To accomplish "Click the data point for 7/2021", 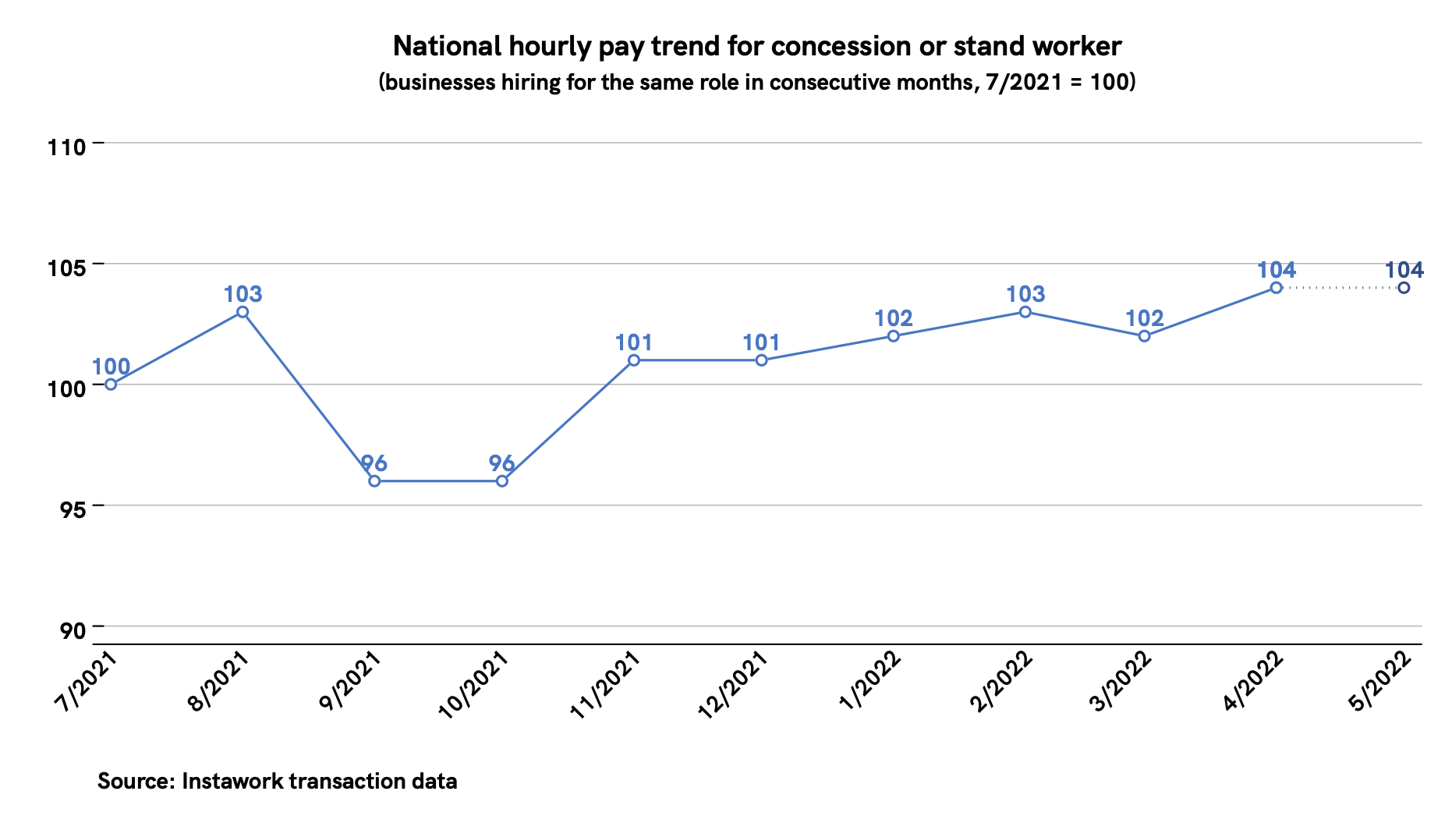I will click(x=111, y=384).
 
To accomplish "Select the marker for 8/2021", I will click(x=243, y=312).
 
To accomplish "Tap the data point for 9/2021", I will click(x=374, y=481).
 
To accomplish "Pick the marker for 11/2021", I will click(x=634, y=360).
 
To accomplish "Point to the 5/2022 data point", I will click(x=1404, y=288).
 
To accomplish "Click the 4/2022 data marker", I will click(x=1276, y=288).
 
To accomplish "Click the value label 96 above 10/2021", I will click(x=502, y=463).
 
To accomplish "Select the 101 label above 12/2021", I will click(x=761, y=342).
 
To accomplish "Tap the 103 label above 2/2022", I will click(x=1025, y=294).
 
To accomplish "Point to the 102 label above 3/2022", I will click(x=1145, y=318).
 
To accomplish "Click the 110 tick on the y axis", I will click(x=65, y=146).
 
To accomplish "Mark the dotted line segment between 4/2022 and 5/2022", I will click(x=1340, y=288).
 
